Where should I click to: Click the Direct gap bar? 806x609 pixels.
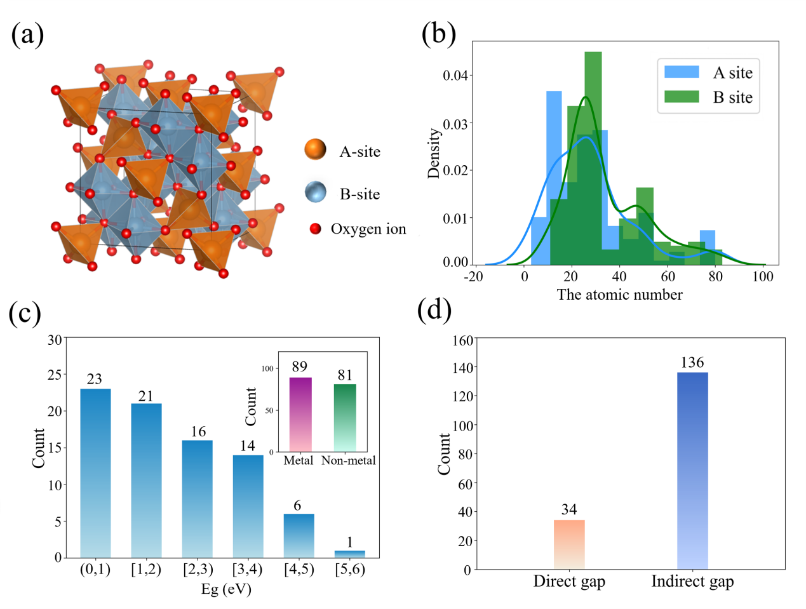click(x=569, y=544)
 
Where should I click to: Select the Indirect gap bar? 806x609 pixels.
click(x=692, y=471)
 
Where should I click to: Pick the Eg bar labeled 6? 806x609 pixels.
click(x=299, y=535)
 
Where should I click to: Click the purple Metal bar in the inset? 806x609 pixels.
click(x=300, y=414)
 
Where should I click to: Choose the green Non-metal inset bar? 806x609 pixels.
click(x=345, y=417)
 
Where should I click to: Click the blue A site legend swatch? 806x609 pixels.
click(x=682, y=72)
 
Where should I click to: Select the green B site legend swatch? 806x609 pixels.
click(x=682, y=97)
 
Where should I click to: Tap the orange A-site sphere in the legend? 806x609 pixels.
click(x=316, y=150)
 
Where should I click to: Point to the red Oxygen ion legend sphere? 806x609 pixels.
click(x=315, y=229)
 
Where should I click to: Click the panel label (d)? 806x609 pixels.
click(x=434, y=311)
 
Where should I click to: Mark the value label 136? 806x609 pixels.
click(x=692, y=363)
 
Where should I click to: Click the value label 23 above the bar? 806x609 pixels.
click(x=95, y=379)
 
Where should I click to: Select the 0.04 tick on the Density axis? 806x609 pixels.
click(x=455, y=76)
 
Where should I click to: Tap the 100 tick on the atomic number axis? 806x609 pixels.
click(x=763, y=276)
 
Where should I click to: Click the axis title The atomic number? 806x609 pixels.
click(x=619, y=295)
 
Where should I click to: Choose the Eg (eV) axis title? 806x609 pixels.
click(x=226, y=589)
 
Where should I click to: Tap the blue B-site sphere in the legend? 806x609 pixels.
click(x=316, y=192)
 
